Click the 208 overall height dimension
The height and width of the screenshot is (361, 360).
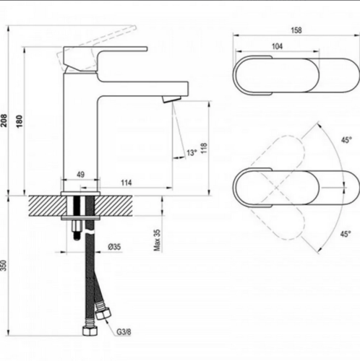4,121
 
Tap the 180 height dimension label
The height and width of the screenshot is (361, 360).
20,121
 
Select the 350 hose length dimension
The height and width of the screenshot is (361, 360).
4,266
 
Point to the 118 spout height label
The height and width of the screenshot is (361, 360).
204,149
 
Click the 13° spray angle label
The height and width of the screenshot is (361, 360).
192,152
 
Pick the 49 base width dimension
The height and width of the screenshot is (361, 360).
80,174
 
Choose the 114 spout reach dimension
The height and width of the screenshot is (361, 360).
127,183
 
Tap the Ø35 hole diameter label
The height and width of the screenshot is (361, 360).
114,247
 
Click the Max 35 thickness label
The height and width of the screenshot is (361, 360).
157,240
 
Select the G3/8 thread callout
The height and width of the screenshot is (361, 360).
124,332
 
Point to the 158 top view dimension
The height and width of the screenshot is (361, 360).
296,30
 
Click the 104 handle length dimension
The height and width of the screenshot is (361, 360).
277,46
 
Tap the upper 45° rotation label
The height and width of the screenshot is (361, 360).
346,140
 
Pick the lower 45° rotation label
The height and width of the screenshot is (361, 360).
346,233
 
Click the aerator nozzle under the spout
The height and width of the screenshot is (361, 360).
171,99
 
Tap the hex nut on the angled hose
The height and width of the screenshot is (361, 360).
103,314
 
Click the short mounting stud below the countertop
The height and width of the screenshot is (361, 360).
77,230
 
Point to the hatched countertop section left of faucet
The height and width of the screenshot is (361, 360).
47,206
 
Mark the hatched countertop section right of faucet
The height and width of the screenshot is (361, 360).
113,206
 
